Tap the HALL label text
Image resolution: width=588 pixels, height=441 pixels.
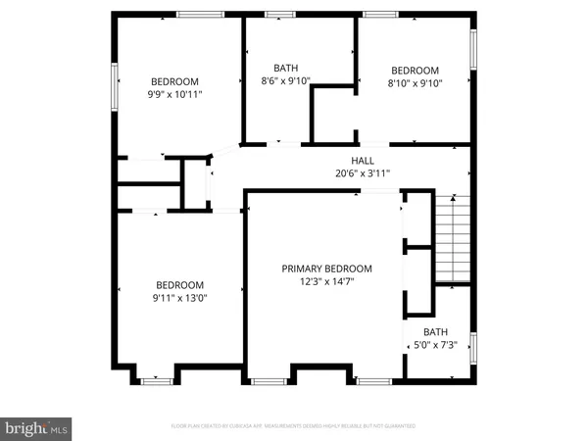tap(363, 162)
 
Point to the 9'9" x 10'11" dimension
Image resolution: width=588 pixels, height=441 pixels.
tap(174, 95)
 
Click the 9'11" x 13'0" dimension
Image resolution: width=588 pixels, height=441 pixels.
tap(178, 298)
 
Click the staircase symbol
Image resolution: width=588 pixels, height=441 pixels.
tap(454, 238)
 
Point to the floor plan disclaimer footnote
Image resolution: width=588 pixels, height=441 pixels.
tap(294, 426)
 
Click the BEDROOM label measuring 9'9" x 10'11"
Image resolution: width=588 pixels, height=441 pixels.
tap(174, 81)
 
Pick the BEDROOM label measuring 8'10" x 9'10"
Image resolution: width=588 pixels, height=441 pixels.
tap(415, 70)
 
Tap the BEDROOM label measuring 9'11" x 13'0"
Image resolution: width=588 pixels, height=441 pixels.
tap(178, 284)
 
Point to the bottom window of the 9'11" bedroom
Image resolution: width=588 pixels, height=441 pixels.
tap(155, 378)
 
